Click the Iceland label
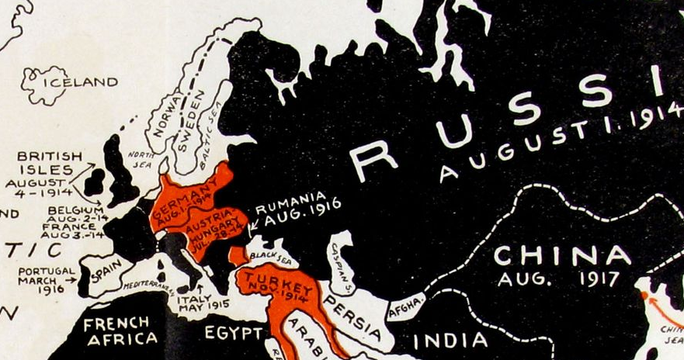pyautogui.click(x=81, y=81)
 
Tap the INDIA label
pyautogui.click(x=450, y=340)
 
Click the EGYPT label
pyautogui.click(x=234, y=334)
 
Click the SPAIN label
pyautogui.click(x=107, y=275)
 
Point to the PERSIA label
pyautogui.click(x=353, y=317)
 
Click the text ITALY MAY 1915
pyautogui.click(x=203, y=301)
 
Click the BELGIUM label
pyautogui.click(x=75, y=210)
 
